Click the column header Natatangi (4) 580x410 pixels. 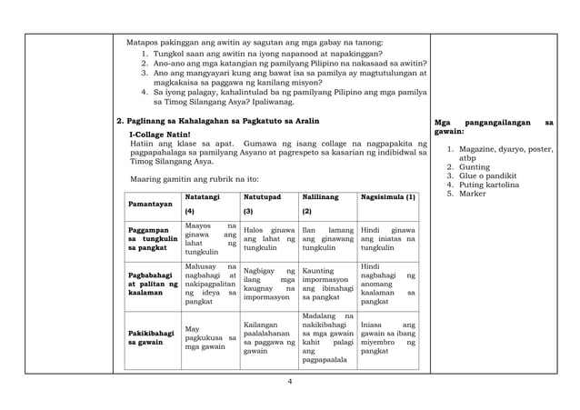click(208, 205)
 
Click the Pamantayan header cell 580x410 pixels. click(151, 206)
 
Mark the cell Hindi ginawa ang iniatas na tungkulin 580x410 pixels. click(388, 238)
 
